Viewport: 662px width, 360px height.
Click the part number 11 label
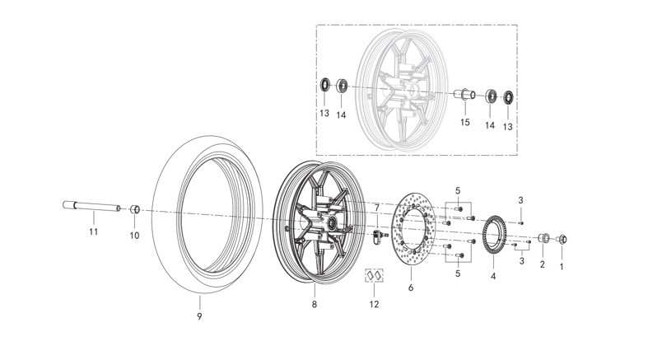click(93, 231)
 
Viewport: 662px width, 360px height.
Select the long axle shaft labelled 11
click(91, 206)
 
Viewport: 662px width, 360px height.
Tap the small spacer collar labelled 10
click(135, 209)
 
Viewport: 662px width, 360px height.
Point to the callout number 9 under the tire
click(200, 316)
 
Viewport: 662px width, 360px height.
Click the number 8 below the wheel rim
click(314, 304)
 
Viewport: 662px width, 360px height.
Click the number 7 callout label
click(377, 208)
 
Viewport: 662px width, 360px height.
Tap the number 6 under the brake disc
click(411, 288)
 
